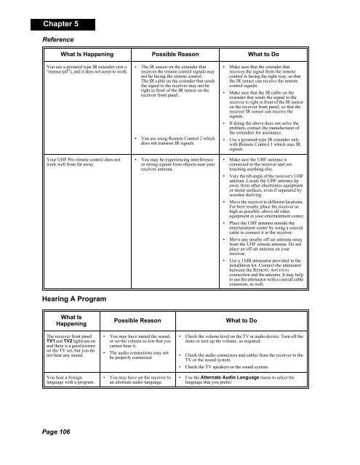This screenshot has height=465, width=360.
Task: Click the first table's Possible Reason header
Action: (x=179, y=54)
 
